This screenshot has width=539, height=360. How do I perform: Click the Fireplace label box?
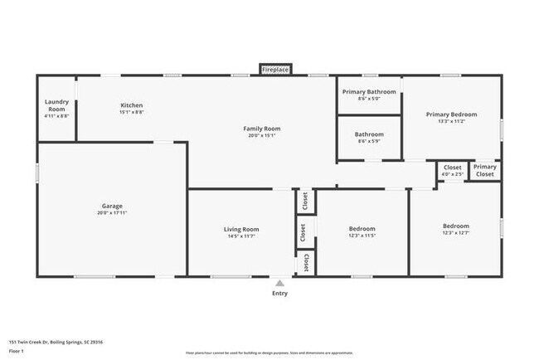click(x=275, y=71)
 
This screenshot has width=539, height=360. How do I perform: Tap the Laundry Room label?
click(x=56, y=106)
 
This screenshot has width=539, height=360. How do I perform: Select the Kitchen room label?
click(x=132, y=105)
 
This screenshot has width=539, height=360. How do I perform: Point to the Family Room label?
click(x=261, y=129)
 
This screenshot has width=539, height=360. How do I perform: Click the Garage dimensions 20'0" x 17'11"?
click(x=112, y=213)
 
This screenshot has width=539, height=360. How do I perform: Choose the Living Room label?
click(x=241, y=229)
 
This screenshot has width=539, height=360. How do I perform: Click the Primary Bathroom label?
click(x=369, y=92)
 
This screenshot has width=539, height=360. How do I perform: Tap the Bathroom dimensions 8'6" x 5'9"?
click(x=369, y=141)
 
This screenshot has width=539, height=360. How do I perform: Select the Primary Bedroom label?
click(x=451, y=114)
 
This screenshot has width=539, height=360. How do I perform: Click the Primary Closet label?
click(x=484, y=171)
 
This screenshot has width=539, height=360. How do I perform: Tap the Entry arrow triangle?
click(x=280, y=282)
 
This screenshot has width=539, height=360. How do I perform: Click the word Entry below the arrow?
click(x=280, y=294)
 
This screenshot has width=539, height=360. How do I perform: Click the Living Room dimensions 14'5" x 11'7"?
click(x=241, y=236)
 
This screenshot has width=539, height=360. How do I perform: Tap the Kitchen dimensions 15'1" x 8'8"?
click(x=132, y=113)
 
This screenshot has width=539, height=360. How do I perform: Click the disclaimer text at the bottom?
click(x=270, y=351)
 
